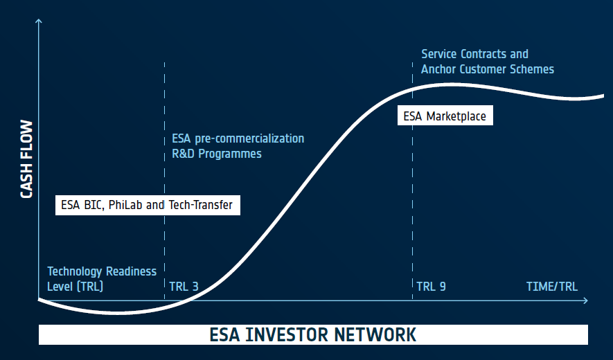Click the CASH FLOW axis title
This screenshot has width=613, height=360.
point(26,159)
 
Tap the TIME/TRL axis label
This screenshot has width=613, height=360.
point(551,287)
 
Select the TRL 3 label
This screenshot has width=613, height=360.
point(184,287)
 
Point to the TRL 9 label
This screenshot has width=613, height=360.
point(431,287)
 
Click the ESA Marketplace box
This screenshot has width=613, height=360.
point(445,116)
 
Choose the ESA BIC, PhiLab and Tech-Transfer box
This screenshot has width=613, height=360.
point(148,205)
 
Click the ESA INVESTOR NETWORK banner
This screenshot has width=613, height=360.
point(313,334)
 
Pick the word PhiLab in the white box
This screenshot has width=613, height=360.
point(125,205)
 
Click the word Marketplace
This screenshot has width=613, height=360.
point(456,116)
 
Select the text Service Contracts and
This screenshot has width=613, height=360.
point(474,54)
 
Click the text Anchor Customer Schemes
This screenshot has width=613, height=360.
point(488,69)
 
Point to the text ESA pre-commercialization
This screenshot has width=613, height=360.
point(238,138)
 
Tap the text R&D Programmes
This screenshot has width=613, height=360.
point(217,154)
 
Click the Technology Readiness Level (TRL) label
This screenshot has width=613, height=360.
point(102,279)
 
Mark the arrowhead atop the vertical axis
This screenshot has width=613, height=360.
point(38,21)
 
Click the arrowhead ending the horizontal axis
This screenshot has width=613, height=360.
point(585,300)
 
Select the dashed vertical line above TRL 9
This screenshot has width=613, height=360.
point(412,181)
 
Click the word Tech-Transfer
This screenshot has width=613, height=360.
point(201,205)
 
